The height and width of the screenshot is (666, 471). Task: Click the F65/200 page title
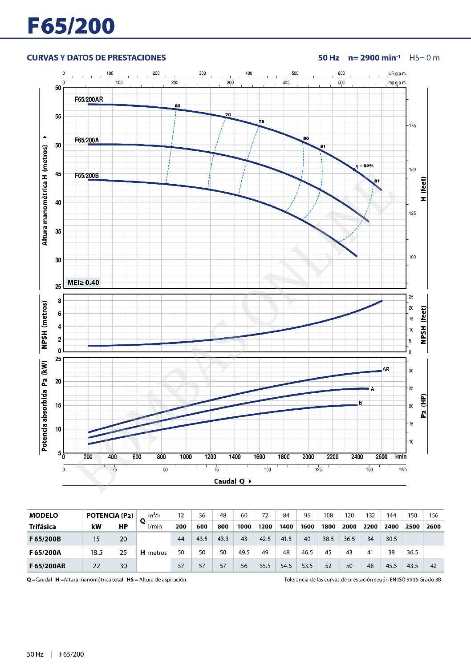pyautogui.click(x=71, y=26)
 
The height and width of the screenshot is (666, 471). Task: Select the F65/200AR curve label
pyautogui.click(x=89, y=99)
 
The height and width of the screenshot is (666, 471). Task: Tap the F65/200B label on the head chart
pyautogui.click(x=87, y=176)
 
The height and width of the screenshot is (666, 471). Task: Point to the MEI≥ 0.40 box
pyautogui.click(x=83, y=283)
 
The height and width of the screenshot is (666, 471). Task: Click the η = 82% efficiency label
pyautogui.click(x=365, y=166)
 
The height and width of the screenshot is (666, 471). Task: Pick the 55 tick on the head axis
pyautogui.click(x=58, y=117)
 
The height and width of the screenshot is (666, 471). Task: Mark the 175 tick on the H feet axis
pyautogui.click(x=412, y=126)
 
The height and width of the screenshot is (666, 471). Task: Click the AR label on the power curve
pyautogui.click(x=386, y=369)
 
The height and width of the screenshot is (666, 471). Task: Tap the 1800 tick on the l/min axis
pyautogui.click(x=284, y=457)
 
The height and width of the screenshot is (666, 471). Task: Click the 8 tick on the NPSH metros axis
pyautogui.click(x=60, y=301)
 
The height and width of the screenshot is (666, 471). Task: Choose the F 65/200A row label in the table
pyautogui.click(x=45, y=553)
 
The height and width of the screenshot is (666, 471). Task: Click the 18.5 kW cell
pyautogui.click(x=96, y=553)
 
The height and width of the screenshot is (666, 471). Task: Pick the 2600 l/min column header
pyautogui.click(x=433, y=526)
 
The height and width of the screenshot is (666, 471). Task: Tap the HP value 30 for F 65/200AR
pyautogui.click(x=123, y=566)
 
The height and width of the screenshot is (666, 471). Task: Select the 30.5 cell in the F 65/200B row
pyautogui.click(x=391, y=539)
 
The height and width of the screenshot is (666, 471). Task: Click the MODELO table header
pyautogui.click(x=44, y=515)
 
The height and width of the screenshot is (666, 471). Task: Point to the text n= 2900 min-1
pyautogui.click(x=374, y=58)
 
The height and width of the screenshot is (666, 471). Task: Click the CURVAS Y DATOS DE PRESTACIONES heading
pyautogui.click(x=96, y=58)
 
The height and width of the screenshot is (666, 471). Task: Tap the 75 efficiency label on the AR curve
pyautogui.click(x=261, y=121)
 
